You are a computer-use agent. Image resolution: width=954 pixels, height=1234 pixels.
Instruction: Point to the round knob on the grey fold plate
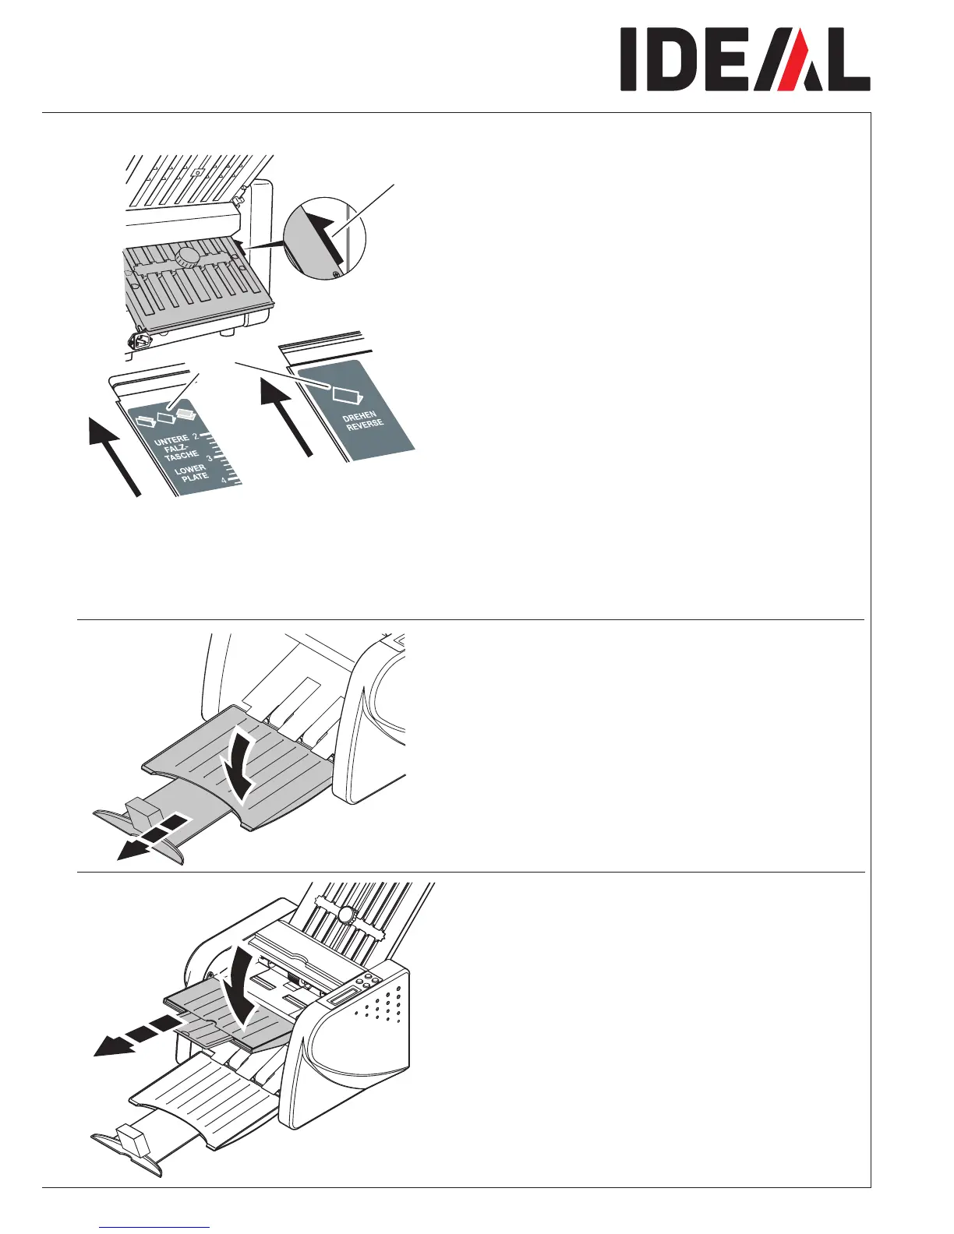(189, 258)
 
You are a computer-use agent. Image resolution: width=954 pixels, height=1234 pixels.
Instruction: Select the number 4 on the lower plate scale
(224, 481)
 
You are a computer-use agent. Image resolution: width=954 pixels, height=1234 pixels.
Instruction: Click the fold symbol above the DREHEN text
(344, 394)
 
